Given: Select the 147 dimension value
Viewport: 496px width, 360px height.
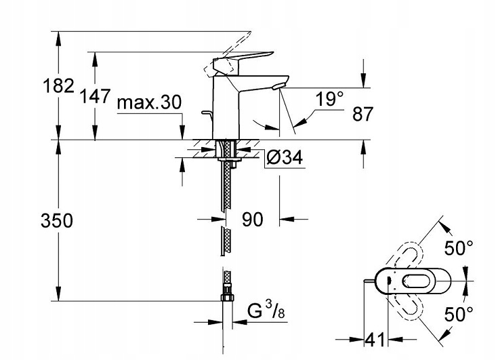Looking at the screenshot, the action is (x=95, y=96).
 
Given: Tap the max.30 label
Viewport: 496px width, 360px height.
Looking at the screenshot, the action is (x=148, y=102).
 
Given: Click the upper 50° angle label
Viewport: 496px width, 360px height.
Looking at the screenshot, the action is (x=460, y=248).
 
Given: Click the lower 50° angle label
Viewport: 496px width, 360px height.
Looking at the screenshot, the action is (x=460, y=315).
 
